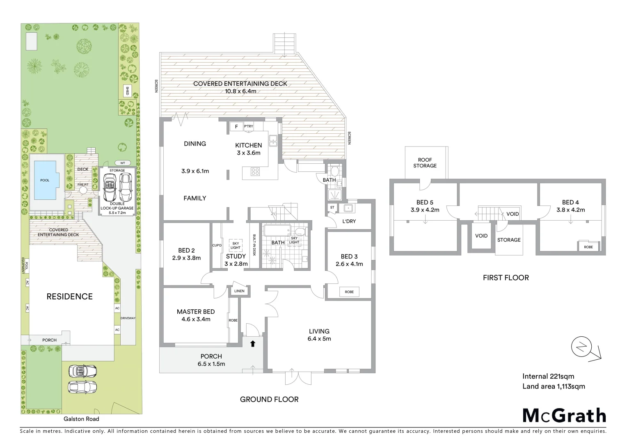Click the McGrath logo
[x=564, y=416]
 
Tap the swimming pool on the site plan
[x=45, y=180]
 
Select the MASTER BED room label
[x=196, y=312]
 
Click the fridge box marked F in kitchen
[x=236, y=127]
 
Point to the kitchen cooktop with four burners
[x=255, y=172]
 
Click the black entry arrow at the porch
[x=253, y=344]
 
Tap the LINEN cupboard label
[x=239, y=291]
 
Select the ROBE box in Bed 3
[x=349, y=292]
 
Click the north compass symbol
[x=582, y=348]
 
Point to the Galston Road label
[x=81, y=419]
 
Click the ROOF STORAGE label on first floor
[x=425, y=163]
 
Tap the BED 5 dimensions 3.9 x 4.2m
[x=425, y=210]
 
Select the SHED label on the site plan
[x=127, y=91]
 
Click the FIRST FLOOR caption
[x=506, y=278]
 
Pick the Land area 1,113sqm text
[x=554, y=386]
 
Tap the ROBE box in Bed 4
[x=588, y=247]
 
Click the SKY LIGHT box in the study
[x=236, y=245]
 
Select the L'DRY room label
[x=349, y=221]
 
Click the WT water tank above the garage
[x=122, y=163]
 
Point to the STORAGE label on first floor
[x=509, y=240]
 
